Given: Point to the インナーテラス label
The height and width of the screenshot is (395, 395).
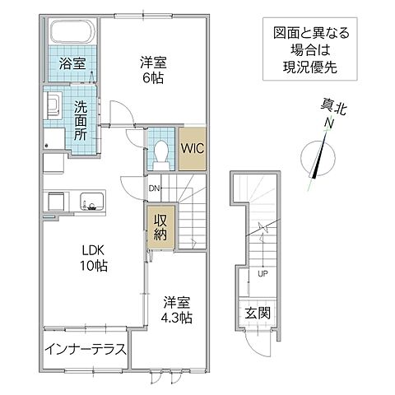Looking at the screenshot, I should [x=86, y=350].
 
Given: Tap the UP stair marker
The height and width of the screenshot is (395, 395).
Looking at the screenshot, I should [x=262, y=274].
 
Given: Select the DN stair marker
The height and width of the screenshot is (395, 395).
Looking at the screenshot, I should [x=153, y=188].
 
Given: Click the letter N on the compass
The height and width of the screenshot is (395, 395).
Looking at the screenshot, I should [x=328, y=123].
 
